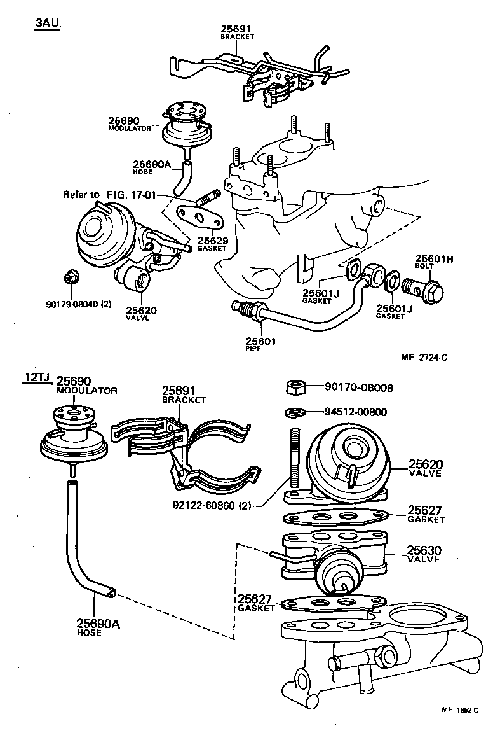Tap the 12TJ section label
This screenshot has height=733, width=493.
click(37, 377)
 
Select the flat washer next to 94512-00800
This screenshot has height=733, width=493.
click(295, 412)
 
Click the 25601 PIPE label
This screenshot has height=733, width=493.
click(260, 344)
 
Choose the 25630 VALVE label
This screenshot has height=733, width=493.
click(424, 554)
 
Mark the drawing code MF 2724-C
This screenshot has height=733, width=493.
click(424, 358)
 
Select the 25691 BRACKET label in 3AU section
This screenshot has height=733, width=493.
click(236, 32)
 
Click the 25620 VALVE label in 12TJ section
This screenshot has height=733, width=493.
click(424, 468)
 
